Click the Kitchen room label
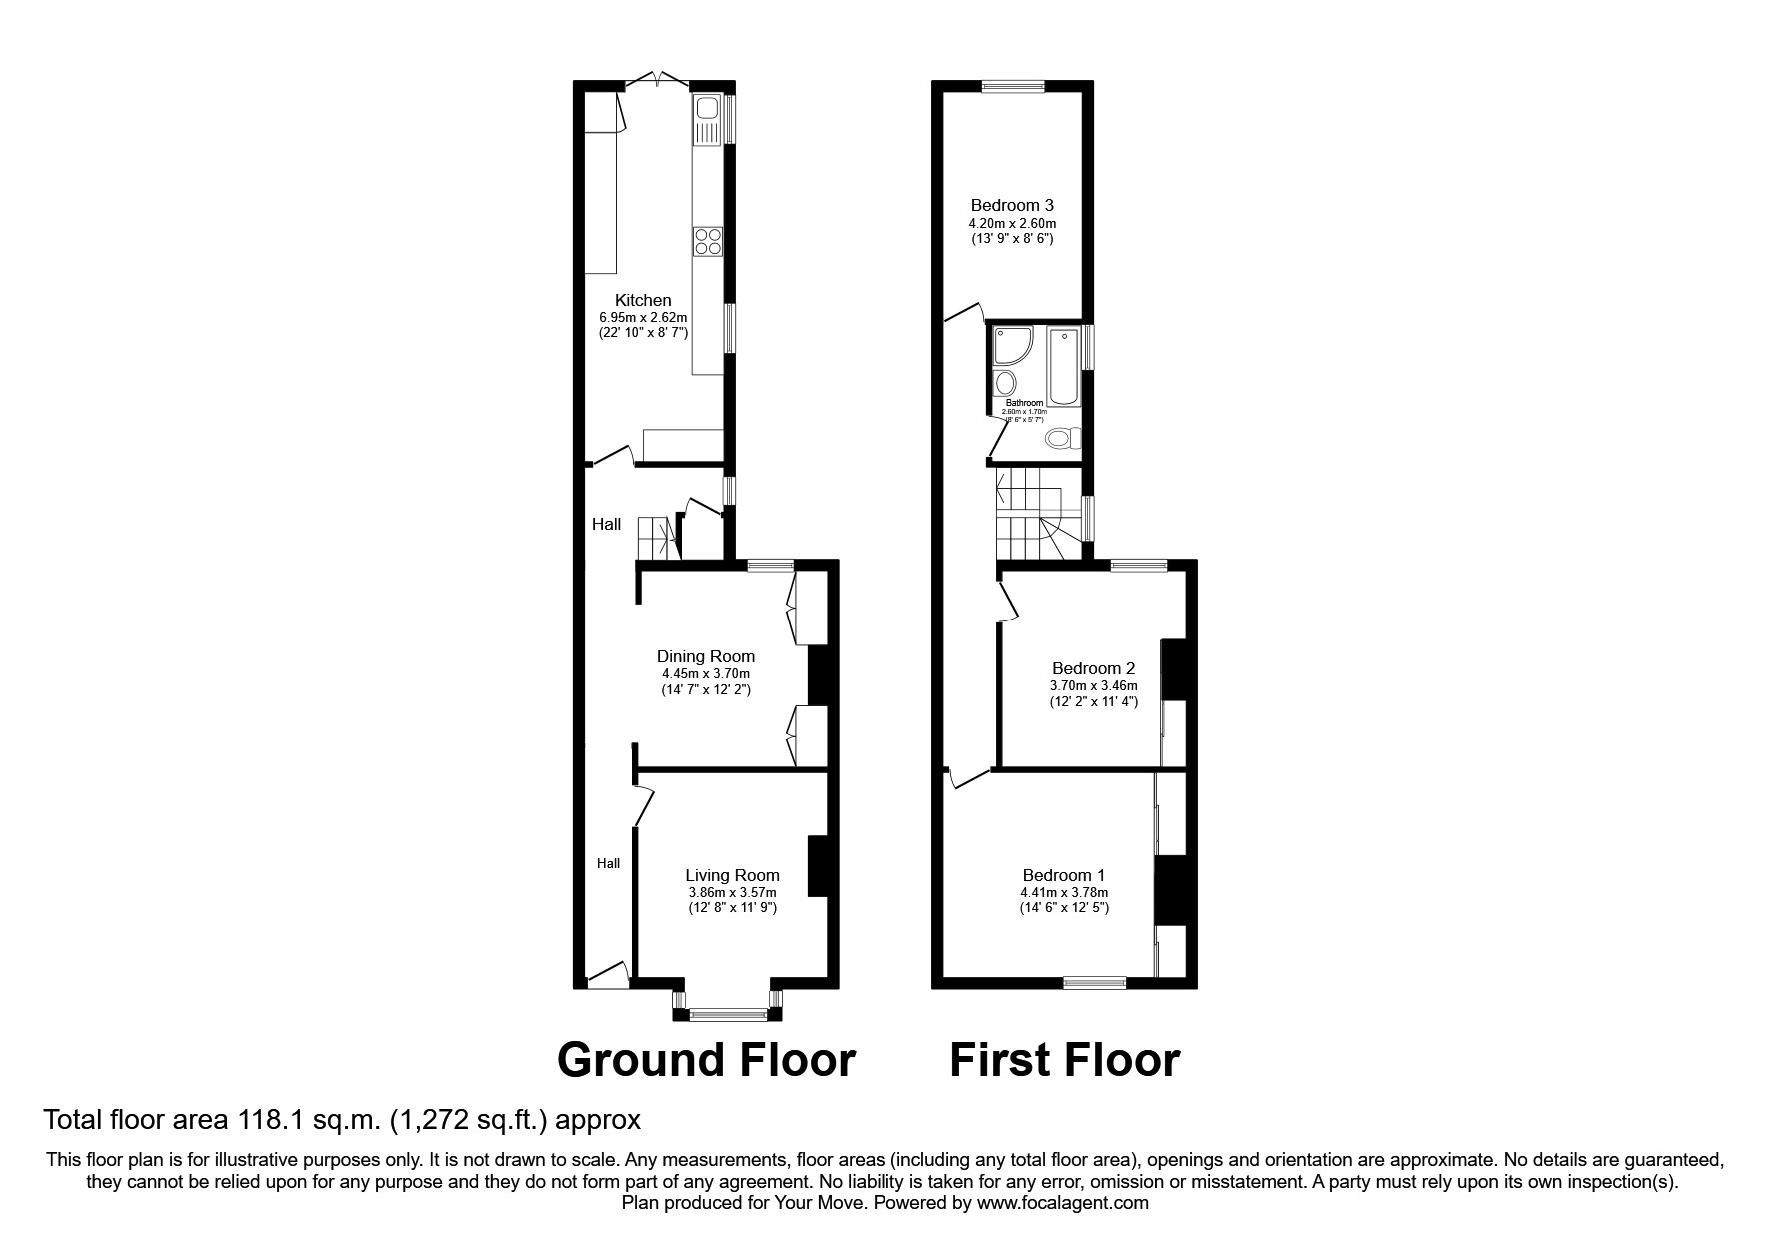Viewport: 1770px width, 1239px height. [643, 300]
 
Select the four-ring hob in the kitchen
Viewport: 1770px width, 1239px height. [708, 242]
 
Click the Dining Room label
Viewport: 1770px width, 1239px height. [705, 656]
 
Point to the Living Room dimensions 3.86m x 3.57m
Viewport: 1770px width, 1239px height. [732, 892]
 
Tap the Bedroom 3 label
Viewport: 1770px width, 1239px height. [1012, 205]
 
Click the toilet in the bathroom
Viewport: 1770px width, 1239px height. [1061, 438]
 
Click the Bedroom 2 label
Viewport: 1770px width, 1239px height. [1093, 668]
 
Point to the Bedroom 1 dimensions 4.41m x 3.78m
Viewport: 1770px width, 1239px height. [1064, 892]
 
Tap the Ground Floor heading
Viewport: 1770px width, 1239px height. [706, 1060]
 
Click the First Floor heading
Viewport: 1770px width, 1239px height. [1064, 1060]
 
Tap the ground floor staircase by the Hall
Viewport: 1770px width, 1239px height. [657, 538]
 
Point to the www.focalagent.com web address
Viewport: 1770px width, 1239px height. [1062, 1203]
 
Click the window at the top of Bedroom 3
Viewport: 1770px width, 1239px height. [1012, 87]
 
